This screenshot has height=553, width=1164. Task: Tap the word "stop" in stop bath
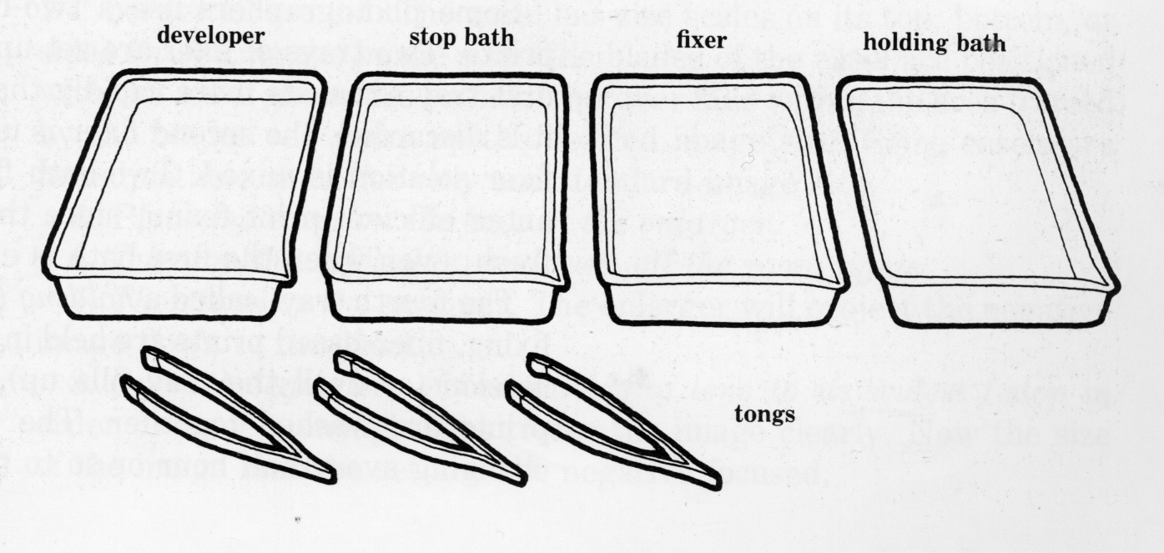tap(432, 38)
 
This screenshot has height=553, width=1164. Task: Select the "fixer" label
tap(701, 39)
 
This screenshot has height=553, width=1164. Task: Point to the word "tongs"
tap(764, 415)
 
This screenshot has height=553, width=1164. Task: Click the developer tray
tap(184, 194)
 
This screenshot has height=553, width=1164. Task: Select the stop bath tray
tap(446, 199)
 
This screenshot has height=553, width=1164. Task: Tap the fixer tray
tap(720, 199)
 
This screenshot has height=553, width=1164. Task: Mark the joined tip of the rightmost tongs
tap(717, 484)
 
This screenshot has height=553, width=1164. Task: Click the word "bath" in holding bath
tap(979, 43)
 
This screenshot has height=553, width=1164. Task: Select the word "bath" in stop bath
tap(488, 38)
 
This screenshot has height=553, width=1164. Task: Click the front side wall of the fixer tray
tap(723, 305)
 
